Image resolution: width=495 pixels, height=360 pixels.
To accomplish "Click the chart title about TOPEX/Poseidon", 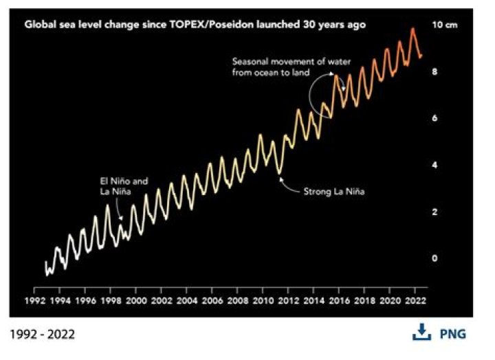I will tap(195, 24).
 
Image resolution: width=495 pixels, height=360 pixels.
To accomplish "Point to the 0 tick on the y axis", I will tap(434, 258).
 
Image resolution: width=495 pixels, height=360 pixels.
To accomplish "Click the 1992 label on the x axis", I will tap(35, 301).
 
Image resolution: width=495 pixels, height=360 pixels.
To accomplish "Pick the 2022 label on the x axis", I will tap(415, 301).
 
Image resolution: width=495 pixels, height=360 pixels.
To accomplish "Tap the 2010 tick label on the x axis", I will tap(263, 301).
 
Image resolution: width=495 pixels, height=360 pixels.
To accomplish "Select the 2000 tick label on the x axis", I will tap(136, 301).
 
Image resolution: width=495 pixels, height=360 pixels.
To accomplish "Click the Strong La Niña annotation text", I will tap(333, 192).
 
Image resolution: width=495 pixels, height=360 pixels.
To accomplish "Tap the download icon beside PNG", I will tap(421, 333).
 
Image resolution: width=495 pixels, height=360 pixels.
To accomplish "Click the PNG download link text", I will tap(452, 334).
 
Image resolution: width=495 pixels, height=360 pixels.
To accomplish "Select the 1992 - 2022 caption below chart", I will tap(43, 335).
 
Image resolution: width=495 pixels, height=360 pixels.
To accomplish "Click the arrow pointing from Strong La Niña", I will tap(289, 185).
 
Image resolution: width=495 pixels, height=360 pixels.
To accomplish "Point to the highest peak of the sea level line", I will tap(412, 29).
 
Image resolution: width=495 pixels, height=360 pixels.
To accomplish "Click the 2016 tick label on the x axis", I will tap(338, 301).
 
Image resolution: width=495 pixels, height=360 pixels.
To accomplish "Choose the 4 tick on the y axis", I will tap(434, 165).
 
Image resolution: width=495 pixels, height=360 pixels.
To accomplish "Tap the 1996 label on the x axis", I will tap(85, 301).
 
